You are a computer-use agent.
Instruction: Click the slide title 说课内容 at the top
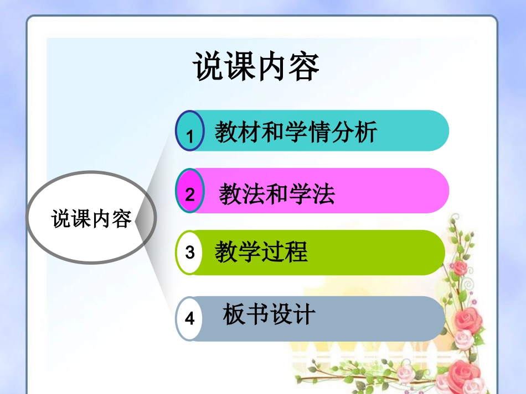coord(256,67)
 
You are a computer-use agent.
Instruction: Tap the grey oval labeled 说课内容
coord(91,218)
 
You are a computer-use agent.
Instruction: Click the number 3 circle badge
coord(189,253)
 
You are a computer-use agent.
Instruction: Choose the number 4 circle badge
coord(189,318)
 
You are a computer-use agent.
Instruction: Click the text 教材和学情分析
coord(296,132)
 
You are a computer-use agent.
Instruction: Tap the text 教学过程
coord(261,253)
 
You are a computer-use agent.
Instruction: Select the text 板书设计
coord(269,314)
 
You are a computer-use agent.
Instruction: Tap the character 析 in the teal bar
coord(366,132)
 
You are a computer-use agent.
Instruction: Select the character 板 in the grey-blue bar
coord(234,314)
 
